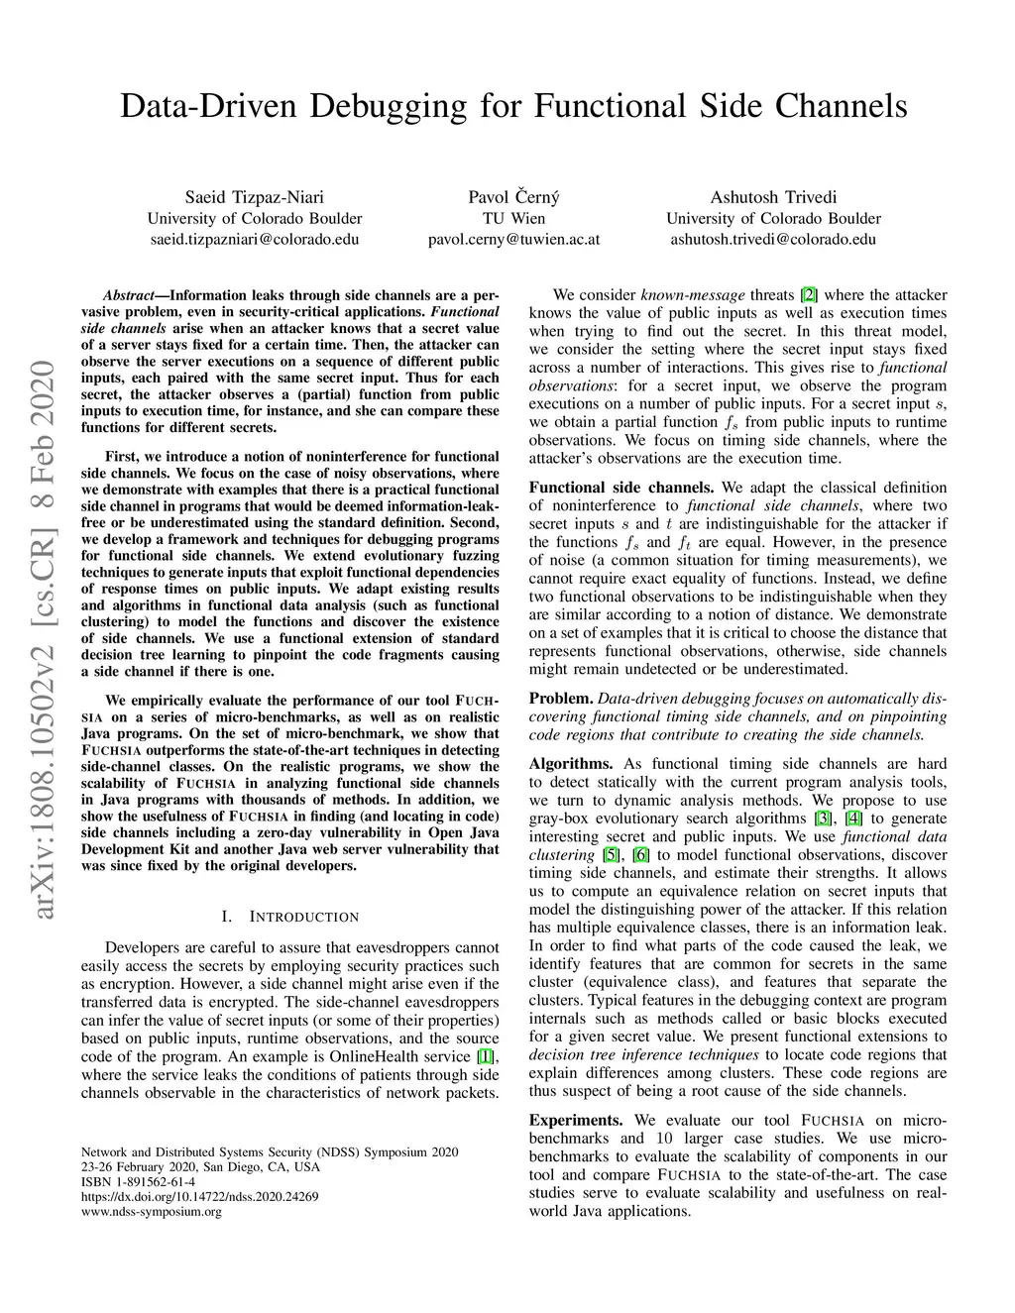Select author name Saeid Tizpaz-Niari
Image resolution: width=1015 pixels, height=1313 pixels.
pyautogui.click(x=254, y=197)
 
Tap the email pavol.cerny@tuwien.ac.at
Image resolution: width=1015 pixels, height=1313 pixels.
pyautogui.click(x=513, y=239)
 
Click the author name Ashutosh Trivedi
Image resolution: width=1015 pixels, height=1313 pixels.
pyautogui.click(x=773, y=197)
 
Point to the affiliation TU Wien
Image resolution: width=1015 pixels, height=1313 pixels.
pyautogui.click(x=513, y=218)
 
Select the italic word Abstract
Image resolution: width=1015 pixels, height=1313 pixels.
pyautogui.click(x=128, y=295)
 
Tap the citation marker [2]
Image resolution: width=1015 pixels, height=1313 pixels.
pyautogui.click(x=809, y=294)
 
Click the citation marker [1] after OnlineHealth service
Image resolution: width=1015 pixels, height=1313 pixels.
pyautogui.click(x=487, y=1056)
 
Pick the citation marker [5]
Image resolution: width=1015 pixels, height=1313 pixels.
pyautogui.click(x=612, y=854)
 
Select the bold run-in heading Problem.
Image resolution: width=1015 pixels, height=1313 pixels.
pyautogui.click(x=560, y=699)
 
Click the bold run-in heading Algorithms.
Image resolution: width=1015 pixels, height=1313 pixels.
pyautogui.click(x=571, y=763)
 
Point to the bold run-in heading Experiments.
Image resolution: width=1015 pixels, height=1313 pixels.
pyautogui.click(x=576, y=1120)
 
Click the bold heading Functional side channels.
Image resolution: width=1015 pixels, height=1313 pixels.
pyautogui.click(x=621, y=488)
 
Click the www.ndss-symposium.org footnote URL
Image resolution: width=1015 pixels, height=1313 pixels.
pyautogui.click(x=151, y=1211)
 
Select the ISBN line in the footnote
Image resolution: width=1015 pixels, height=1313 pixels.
pyautogui.click(x=138, y=1182)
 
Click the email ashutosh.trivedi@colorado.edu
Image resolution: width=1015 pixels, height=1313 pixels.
pyautogui.click(x=773, y=239)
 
